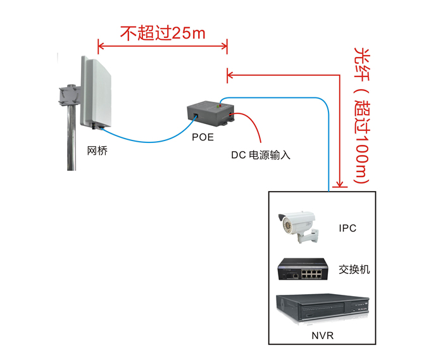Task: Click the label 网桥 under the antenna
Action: pyautogui.click(x=95, y=151)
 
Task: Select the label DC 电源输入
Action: pyautogui.click(x=260, y=154)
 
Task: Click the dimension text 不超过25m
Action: pyautogui.click(x=163, y=33)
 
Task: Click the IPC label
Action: pyautogui.click(x=347, y=228)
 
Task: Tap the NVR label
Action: pyautogui.click(x=322, y=335)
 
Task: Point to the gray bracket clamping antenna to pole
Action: pyautogui.click(x=67, y=96)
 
